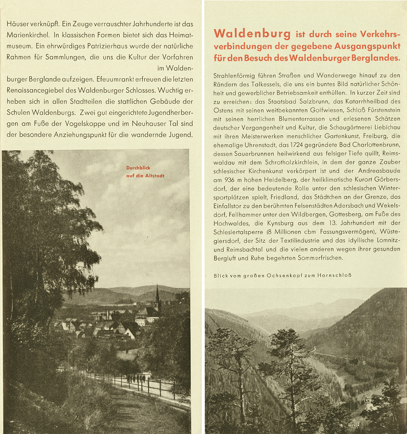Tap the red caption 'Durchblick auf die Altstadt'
point(145,172)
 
